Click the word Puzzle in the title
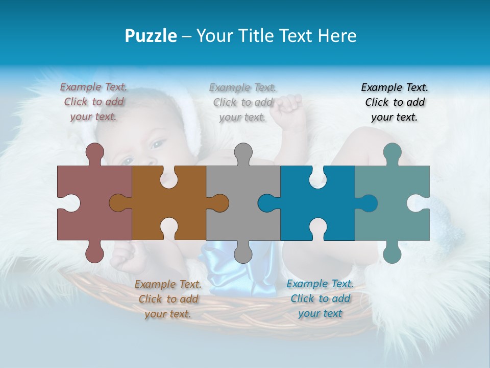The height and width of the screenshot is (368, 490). [151, 36]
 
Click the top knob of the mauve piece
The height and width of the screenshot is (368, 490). [94, 153]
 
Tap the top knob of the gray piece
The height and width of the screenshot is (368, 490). [243, 153]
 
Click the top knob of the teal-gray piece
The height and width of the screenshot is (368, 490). [392, 153]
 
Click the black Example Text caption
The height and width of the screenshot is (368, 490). [395, 102]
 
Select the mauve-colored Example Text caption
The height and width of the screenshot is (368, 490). [94, 102]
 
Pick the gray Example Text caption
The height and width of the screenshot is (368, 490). [243, 102]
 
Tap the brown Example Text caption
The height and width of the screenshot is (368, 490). [168, 299]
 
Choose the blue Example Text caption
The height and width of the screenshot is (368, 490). [320, 298]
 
